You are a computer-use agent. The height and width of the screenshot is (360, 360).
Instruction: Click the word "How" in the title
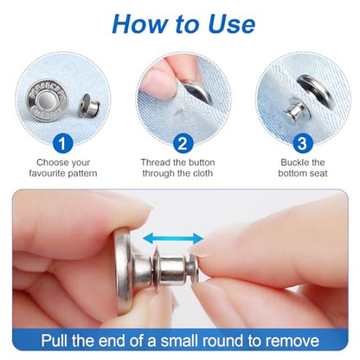pos(138,23)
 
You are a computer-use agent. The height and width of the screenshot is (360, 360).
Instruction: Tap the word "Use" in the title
pos(231,23)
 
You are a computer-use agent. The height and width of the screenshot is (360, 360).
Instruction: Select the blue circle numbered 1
pos(62,143)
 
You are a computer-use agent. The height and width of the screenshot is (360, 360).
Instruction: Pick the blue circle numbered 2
pos(183,143)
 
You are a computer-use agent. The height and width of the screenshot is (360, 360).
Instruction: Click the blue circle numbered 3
pos(302,143)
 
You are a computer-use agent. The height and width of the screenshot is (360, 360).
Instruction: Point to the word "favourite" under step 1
pos(48,173)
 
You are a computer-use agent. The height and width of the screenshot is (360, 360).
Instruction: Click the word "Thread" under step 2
pos(156,163)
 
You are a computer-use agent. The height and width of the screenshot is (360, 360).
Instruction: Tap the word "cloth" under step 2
pos(202,173)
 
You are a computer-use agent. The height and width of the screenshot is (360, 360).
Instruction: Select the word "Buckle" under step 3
pos(294,163)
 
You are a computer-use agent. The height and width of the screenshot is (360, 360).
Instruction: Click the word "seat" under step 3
pos(318,174)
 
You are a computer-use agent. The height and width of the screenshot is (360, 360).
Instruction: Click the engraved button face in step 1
pos(47,101)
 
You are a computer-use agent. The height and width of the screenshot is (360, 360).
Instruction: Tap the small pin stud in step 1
pos(88,106)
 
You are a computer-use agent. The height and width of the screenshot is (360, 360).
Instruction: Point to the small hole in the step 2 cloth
pos(179,110)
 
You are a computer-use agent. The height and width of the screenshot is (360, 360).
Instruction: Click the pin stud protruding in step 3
pos(294,111)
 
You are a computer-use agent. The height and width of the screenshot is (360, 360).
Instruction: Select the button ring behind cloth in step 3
pos(315,88)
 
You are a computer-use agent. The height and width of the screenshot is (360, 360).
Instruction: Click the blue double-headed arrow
pos(173,239)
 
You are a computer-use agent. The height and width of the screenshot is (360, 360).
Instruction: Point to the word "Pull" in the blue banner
pos(55,341)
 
